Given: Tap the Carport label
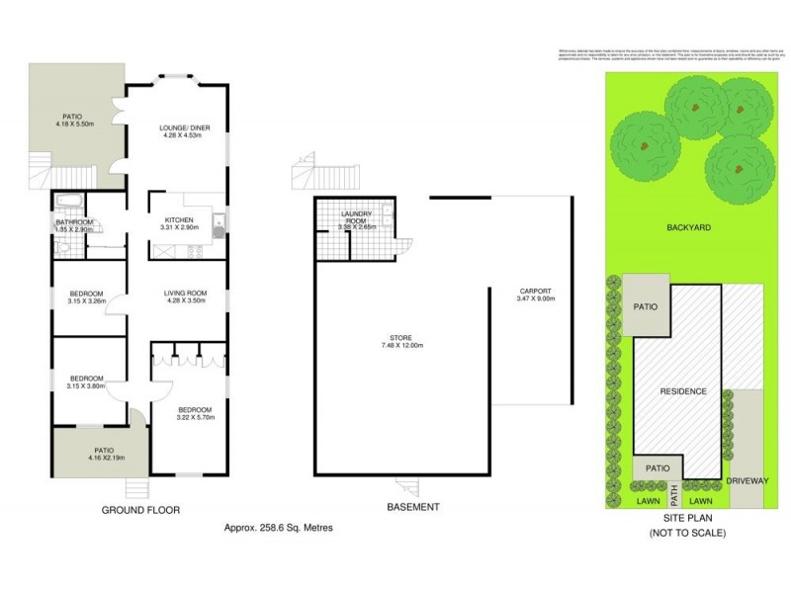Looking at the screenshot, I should tap(535, 291).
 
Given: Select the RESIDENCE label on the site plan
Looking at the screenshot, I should tap(683, 391).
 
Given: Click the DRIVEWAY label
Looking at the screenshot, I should tap(747, 481).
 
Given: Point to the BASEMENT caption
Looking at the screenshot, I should tap(412, 507).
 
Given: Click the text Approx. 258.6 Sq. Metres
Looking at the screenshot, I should tap(279, 529).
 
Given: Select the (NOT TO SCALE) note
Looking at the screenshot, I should tap(687, 533).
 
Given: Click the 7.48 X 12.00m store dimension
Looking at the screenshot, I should tap(401, 346).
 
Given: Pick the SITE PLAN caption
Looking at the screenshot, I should tap(687, 516).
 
